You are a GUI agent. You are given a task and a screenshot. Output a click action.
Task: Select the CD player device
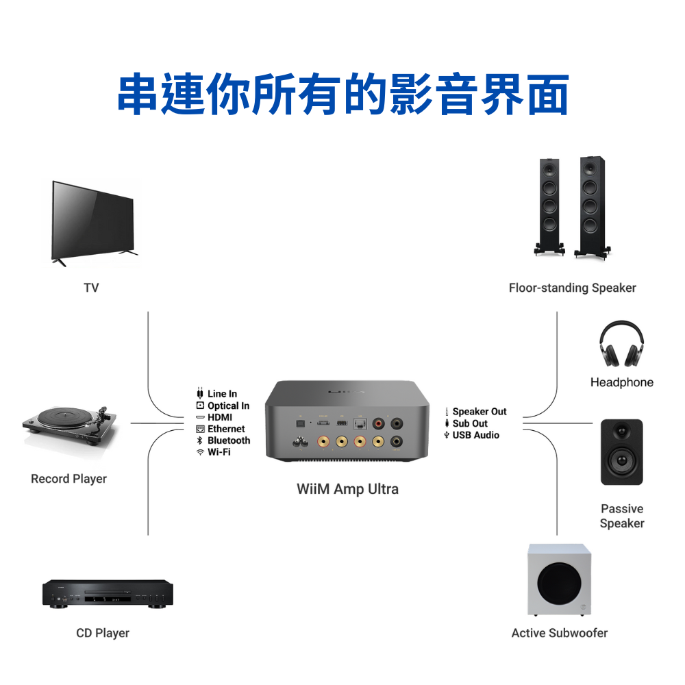coord(108,594)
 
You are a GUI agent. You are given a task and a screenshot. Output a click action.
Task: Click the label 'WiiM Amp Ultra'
coord(347,489)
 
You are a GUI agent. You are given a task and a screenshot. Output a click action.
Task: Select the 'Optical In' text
coord(228,406)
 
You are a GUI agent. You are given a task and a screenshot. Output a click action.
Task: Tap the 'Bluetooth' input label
coord(229,440)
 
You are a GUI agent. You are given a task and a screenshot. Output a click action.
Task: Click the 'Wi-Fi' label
coord(219,452)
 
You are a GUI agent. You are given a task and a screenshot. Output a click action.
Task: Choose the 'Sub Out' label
coord(470,423)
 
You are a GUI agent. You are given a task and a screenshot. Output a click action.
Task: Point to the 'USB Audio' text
coord(475,435)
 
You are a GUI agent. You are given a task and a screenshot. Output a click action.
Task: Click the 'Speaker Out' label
coord(480,412)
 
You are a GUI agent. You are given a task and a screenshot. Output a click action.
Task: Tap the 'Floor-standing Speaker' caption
coord(572,288)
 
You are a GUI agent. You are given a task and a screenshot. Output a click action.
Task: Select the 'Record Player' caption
coord(68,479)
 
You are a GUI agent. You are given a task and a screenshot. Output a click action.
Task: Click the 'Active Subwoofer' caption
coord(559,633)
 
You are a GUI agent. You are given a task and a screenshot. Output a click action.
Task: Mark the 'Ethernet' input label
coord(226,429)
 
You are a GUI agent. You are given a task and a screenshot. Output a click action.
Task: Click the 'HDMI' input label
coord(220,417)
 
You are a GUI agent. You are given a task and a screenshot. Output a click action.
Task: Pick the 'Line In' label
coord(222,394)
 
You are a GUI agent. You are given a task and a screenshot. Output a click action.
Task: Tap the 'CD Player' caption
coord(103,633)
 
